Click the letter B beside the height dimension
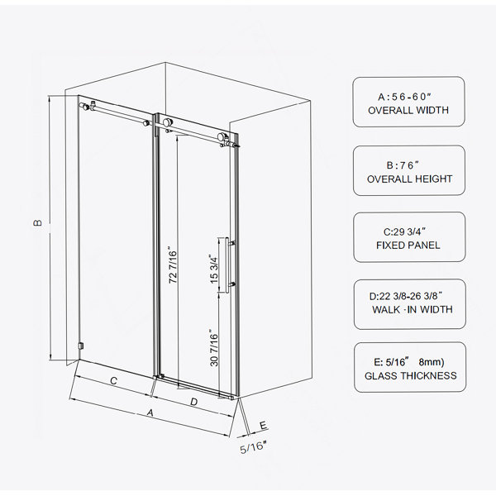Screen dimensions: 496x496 (37, 222)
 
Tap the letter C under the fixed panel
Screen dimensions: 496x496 (113, 380)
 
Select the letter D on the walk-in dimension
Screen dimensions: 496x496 (194, 402)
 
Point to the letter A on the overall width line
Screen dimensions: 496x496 (150, 413)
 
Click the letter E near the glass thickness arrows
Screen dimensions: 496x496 (263, 426)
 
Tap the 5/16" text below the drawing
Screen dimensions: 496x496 (253, 447)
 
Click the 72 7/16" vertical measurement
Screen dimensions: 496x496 (173, 265)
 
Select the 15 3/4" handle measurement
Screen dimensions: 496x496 (214, 269)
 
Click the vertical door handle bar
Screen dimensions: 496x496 (227, 265)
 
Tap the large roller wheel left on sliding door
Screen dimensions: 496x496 (168, 122)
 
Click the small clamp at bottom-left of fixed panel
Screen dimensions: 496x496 (81, 346)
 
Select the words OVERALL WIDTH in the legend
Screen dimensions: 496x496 (408, 110)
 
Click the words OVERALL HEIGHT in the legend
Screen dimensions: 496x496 (409, 179)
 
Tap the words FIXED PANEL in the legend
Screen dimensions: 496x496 (408, 246)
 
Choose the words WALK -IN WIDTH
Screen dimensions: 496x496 (413, 309)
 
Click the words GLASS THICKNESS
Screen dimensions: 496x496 (411, 375)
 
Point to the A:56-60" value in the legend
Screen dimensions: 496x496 (405, 97)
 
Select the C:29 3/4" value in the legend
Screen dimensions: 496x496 (404, 231)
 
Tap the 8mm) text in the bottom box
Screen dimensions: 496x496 (432, 361)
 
